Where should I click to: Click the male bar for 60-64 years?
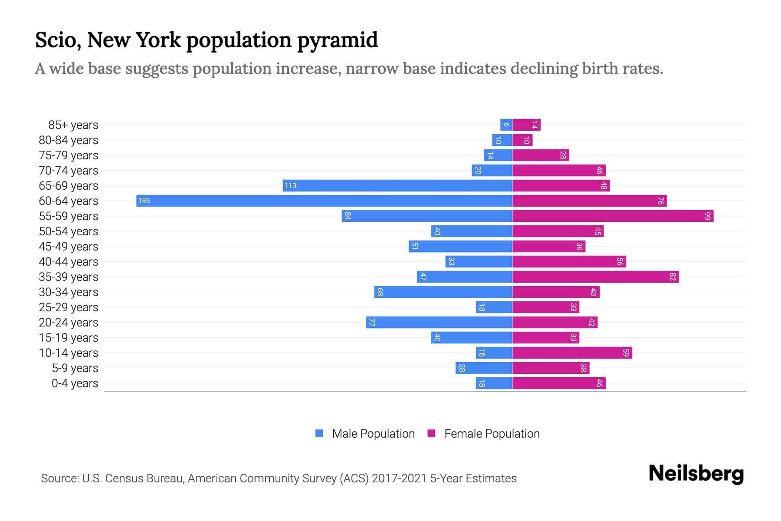[324, 201]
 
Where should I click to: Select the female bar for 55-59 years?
[613, 216]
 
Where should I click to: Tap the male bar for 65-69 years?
[397, 185]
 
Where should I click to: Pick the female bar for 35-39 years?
[595, 277]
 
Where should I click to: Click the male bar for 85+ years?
[506, 125]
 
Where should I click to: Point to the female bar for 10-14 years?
[572, 353]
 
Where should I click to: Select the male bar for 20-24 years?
[439, 322]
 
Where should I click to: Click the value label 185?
[144, 201]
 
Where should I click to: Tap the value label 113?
[290, 185]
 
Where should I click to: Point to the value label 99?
[708, 216]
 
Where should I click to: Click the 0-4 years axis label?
[75, 383]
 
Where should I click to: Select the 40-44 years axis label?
[69, 262]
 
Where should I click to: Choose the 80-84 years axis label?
[69, 140]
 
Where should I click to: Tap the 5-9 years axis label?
[75, 368]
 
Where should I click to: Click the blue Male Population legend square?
[319, 433]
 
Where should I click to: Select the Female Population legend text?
[492, 433]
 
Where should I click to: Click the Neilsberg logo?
[696, 474]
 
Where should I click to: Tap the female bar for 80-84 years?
[522, 140]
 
